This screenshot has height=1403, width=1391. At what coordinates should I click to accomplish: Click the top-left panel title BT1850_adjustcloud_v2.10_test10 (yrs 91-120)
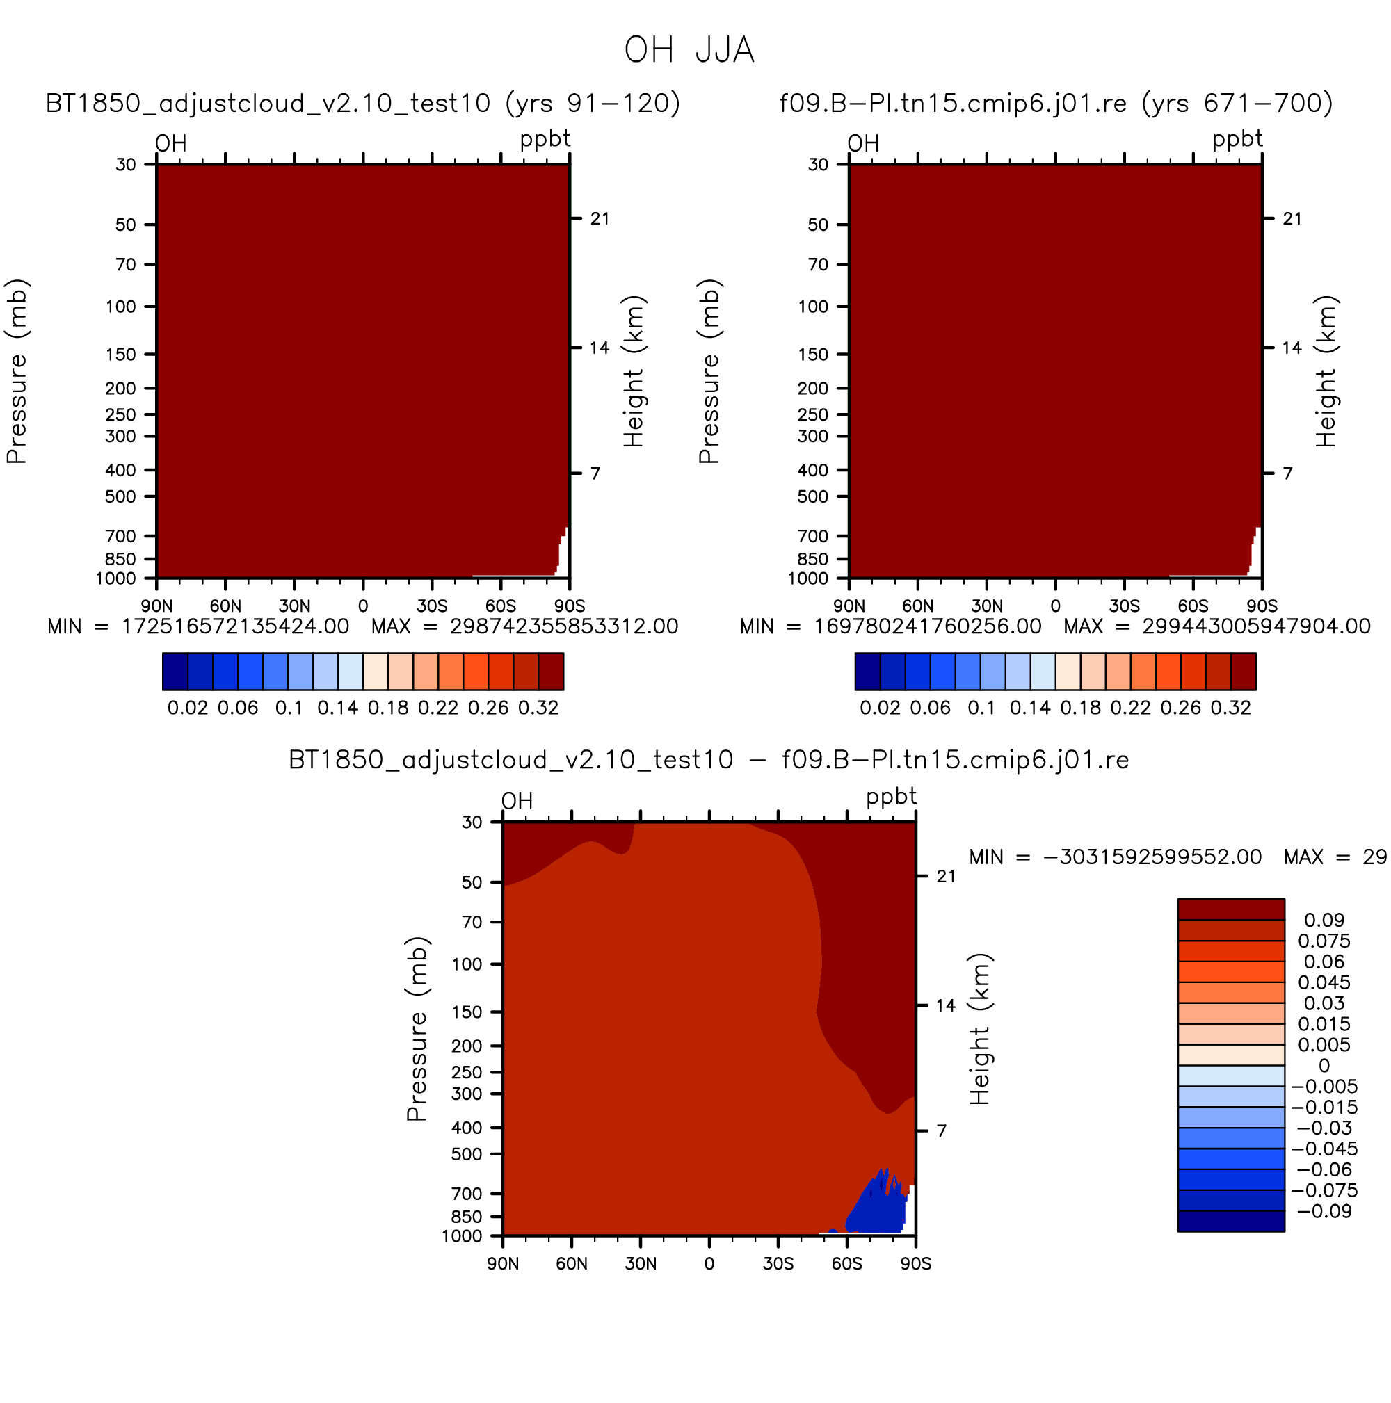(x=362, y=104)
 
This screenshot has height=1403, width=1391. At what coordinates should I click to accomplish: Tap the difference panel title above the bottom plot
(x=708, y=761)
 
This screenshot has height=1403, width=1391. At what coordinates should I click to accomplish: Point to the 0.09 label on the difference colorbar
(x=1324, y=920)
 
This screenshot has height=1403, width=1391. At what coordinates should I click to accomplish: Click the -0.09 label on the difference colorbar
(x=1324, y=1211)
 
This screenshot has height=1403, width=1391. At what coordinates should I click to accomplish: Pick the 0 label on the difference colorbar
(x=1324, y=1065)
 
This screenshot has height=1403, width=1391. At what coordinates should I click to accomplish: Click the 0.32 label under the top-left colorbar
(x=538, y=708)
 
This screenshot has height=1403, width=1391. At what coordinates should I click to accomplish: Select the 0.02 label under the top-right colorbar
(x=880, y=708)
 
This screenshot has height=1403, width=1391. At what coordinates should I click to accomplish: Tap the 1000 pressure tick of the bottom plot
(x=462, y=1236)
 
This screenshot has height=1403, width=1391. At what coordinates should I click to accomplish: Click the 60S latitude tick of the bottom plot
(x=847, y=1263)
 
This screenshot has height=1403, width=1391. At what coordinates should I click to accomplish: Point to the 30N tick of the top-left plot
(x=294, y=606)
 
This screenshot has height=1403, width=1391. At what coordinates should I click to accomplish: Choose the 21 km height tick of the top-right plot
(x=1292, y=218)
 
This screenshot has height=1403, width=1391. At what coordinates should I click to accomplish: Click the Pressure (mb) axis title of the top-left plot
(x=17, y=371)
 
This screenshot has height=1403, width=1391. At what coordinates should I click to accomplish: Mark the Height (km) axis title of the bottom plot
(x=980, y=1029)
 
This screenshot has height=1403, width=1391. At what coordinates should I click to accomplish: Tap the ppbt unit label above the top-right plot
(x=1237, y=139)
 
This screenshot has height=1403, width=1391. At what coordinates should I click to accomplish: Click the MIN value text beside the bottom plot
(x=1116, y=857)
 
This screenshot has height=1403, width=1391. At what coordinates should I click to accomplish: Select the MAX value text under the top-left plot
(x=524, y=626)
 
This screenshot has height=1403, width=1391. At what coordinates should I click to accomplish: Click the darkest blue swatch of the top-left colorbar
(x=175, y=671)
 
